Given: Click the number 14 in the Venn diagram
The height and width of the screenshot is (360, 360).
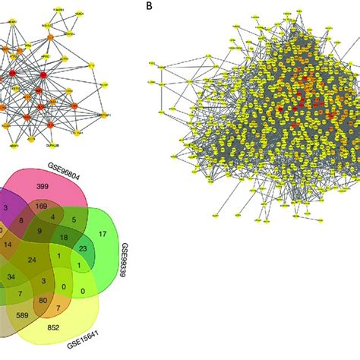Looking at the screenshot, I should click(8, 246).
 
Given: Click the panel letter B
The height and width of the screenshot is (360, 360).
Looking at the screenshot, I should click(146, 7).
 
